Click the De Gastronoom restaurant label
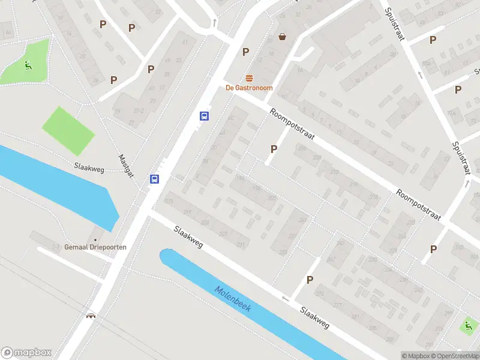(x=249, y=88)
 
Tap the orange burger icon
(x=249, y=78)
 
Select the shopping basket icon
(x=282, y=37)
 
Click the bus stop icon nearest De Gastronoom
(x=204, y=116)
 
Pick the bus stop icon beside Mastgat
(x=155, y=179)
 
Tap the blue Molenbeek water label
(x=233, y=298)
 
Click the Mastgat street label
(x=126, y=164)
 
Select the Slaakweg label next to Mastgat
(x=89, y=169)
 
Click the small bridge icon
(x=91, y=315)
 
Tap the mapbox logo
(x=26, y=353)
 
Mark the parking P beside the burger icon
(x=245, y=52)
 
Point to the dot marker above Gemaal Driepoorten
(x=95, y=230)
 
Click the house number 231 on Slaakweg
(x=241, y=245)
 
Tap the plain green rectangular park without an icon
(x=68, y=130)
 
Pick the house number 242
(x=418, y=289)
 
